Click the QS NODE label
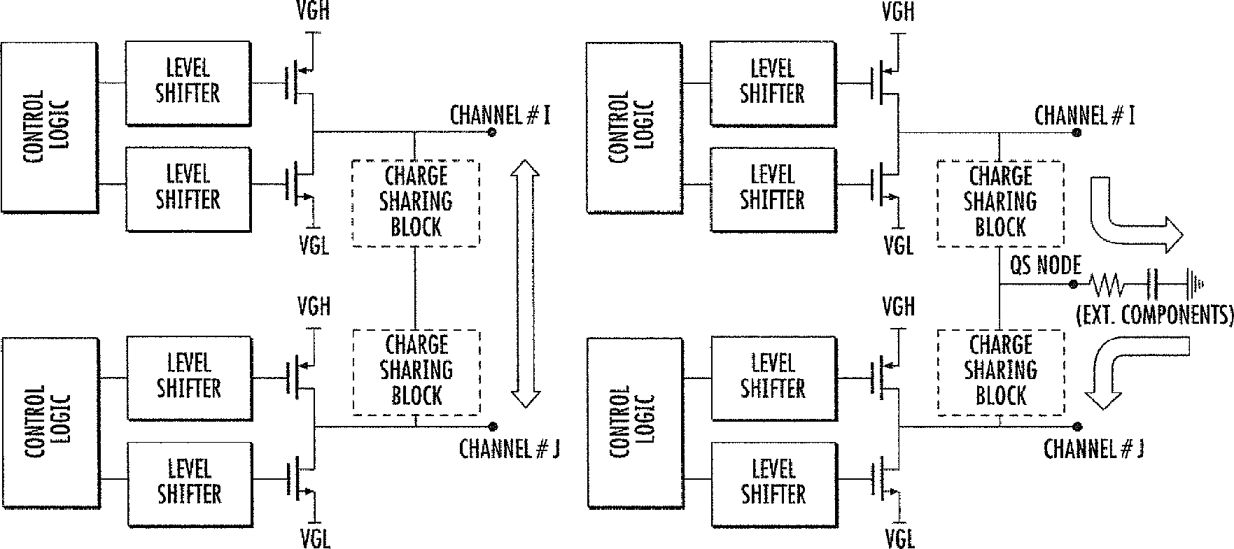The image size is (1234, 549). coord(1046,265)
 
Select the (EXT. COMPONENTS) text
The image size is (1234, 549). coord(1154,315)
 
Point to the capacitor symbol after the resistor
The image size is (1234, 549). coord(1152,283)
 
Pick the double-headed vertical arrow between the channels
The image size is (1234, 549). coord(525,283)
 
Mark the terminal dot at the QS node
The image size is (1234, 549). coord(1073,284)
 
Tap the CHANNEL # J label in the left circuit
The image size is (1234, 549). coord(509,449)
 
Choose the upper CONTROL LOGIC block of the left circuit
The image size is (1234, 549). coord(49,127)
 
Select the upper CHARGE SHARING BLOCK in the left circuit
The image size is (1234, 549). coord(416,203)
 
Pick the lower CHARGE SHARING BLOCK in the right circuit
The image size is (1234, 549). coord(1001,371)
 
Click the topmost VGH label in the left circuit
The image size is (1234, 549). coord(312,11)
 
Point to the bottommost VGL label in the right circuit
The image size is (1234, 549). coord(899,539)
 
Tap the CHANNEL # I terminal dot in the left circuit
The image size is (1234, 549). coord(492,132)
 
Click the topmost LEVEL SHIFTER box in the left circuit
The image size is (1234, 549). coord(188,83)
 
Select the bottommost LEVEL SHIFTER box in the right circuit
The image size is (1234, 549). coord(773,484)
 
